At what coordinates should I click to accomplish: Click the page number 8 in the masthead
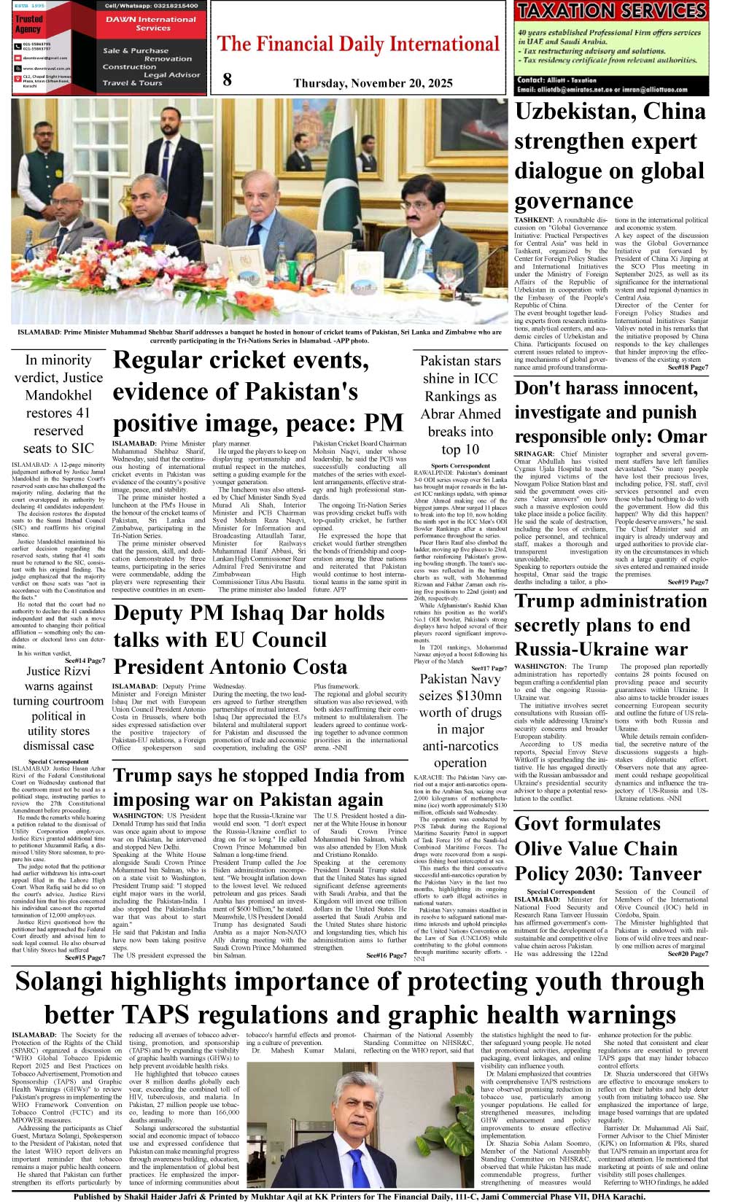pos(227,79)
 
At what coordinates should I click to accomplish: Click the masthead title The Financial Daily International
pos(358,44)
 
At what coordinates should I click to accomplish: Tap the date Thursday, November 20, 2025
pos(373,83)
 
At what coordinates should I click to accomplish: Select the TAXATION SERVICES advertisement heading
pos(611,11)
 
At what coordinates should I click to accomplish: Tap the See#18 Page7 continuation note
pos(687,368)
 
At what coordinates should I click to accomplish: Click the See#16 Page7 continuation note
pos(386,955)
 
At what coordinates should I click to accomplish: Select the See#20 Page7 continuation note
pos(687,953)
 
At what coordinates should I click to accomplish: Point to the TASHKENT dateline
pos(533,220)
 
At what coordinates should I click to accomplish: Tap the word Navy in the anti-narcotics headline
pos(481,679)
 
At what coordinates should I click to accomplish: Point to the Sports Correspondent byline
pos(460,465)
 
